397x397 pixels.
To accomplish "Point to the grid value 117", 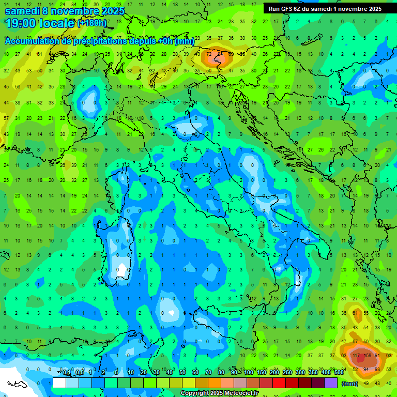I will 356,355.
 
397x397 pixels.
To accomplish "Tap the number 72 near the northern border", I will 209,53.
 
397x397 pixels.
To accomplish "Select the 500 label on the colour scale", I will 339,372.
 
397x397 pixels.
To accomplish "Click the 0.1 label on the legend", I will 67,372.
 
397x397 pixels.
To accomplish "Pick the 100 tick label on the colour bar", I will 248,372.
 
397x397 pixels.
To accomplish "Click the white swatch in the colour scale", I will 59,383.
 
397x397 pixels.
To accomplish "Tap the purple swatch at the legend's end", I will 331,383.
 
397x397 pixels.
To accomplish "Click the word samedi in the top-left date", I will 23,10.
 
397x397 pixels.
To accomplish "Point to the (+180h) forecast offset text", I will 91,23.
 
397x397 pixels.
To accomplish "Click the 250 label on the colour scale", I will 287,372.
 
